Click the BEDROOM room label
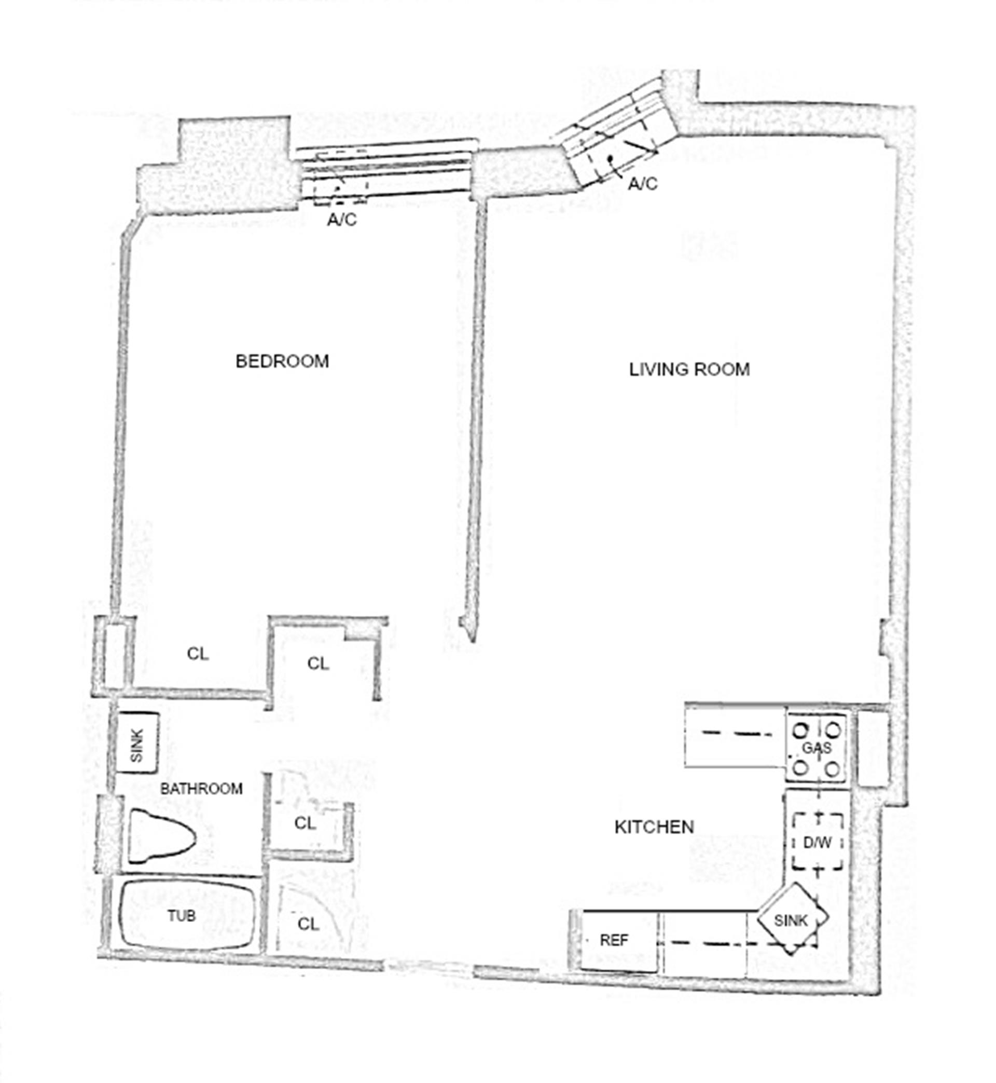coord(282,361)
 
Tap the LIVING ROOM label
coord(689,370)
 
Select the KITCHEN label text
coord(654,827)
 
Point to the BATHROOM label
coord(202,789)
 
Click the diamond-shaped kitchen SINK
coord(791,919)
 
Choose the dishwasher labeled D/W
coord(817,842)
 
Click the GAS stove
coord(817,748)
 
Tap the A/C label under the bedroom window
coord(342,220)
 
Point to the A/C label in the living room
coord(642,184)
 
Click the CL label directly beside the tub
coord(308,925)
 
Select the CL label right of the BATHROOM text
coord(305,823)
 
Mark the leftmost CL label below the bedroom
coord(198,654)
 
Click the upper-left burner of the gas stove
coord(801,731)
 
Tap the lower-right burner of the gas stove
coord(833,768)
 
